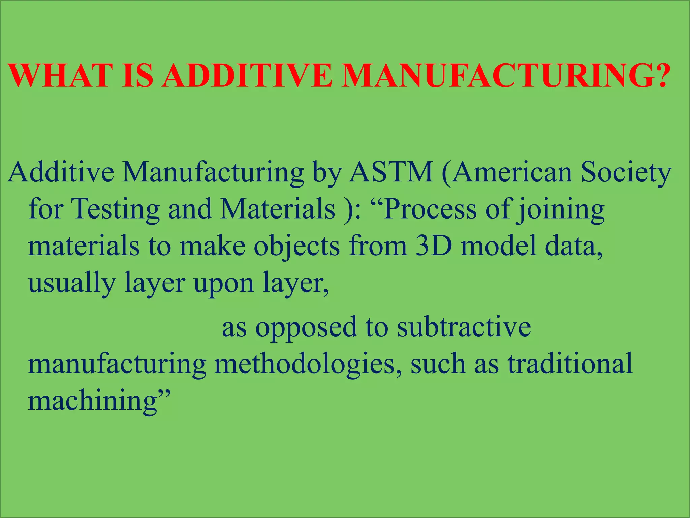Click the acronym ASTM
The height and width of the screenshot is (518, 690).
click(x=391, y=172)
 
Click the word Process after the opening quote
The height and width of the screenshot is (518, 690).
click(x=429, y=209)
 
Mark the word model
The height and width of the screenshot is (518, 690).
click(x=499, y=246)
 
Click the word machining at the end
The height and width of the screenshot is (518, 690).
click(x=93, y=401)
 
